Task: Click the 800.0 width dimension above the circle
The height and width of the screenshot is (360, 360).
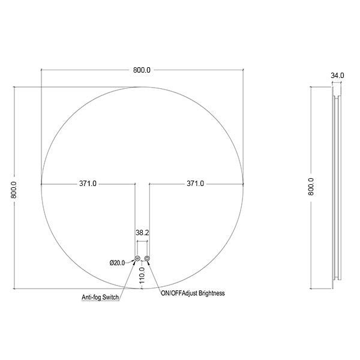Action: click(x=142, y=70)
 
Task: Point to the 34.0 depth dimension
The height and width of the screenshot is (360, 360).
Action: click(x=337, y=76)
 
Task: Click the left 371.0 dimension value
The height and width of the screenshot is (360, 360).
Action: click(x=88, y=184)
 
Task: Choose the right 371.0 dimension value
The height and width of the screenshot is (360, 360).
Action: click(x=195, y=184)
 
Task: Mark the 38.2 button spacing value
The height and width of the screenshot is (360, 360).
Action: click(x=142, y=231)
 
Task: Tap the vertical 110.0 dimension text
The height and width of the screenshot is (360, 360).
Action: click(x=142, y=275)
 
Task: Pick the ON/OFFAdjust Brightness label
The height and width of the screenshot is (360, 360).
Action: click(x=193, y=293)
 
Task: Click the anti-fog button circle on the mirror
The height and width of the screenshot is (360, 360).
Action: click(x=137, y=258)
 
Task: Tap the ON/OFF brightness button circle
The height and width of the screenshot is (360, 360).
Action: click(x=147, y=258)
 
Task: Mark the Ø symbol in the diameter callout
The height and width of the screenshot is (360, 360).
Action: click(x=112, y=262)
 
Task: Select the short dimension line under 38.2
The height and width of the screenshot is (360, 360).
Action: click(x=142, y=241)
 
